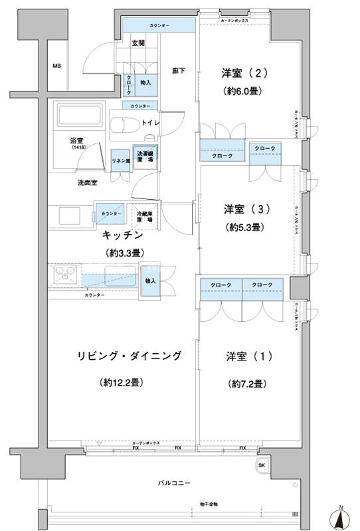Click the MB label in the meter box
coord(57,66)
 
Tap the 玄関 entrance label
coord(138,44)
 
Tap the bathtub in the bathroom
coord(79,117)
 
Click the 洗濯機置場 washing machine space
coord(145,157)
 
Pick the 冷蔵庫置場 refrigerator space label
coord(145,216)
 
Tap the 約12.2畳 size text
coord(124,383)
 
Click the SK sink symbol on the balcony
coord(262,465)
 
